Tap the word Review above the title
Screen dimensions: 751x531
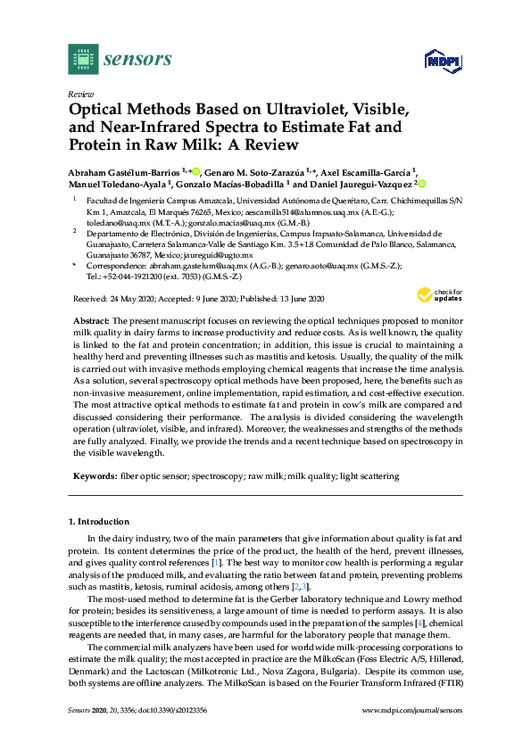click(80, 94)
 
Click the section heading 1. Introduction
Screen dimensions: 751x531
click(99, 520)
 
